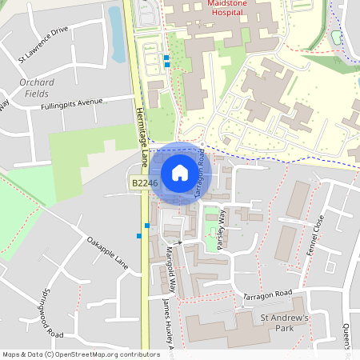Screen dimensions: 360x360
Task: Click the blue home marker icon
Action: (x=179, y=173)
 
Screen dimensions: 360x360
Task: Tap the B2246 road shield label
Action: (x=145, y=183)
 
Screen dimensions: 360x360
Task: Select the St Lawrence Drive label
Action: (x=44, y=44)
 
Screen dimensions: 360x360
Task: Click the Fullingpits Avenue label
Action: (x=74, y=102)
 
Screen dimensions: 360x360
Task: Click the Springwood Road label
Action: (x=53, y=313)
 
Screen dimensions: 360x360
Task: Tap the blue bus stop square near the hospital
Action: (x=166, y=58)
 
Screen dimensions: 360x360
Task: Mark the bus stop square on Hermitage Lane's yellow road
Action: (x=146, y=225)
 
